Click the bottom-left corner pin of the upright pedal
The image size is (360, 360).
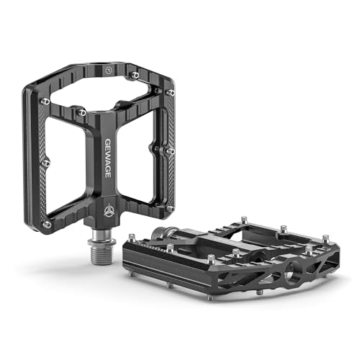[x=45, y=225]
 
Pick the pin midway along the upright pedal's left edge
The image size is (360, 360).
[x=46, y=163]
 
